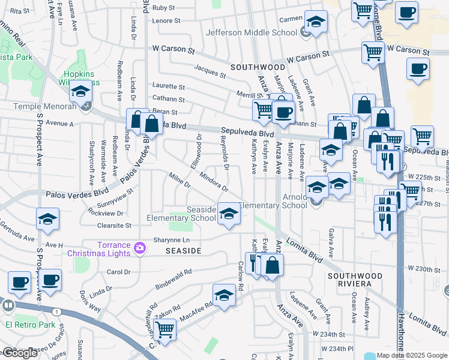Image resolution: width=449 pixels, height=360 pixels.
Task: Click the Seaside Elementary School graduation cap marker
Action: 228,214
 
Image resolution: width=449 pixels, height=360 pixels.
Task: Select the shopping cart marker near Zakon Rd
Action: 164,328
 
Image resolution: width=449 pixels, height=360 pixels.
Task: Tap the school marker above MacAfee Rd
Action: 224,295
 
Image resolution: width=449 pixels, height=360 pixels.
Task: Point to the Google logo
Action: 19,353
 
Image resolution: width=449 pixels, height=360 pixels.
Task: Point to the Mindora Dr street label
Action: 214,183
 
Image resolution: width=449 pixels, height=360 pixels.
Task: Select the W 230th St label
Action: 424,268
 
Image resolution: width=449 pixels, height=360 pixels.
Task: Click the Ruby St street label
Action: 163,8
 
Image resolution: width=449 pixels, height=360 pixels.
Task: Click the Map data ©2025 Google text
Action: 412,355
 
